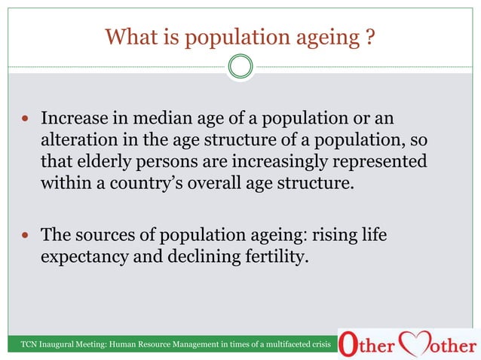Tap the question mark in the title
369,36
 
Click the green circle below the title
240,67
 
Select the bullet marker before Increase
26,121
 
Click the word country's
158,182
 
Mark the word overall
234,182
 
